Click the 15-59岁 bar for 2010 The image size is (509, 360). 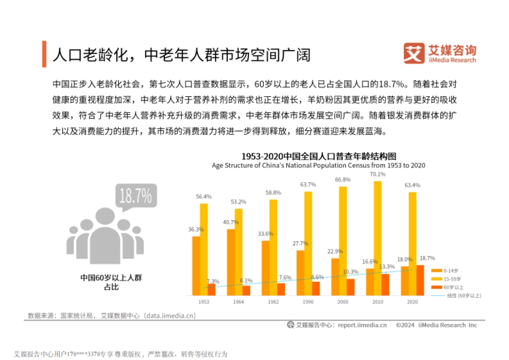[378, 237]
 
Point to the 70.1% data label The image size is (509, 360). [378, 174]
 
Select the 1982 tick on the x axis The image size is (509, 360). [274, 302]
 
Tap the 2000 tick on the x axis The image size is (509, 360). [343, 302]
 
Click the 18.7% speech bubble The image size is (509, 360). [136, 196]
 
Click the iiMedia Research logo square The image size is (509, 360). [414, 53]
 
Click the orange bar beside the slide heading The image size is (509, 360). [44, 54]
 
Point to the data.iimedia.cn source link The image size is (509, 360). [169, 316]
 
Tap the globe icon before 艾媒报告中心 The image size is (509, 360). [291, 325]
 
